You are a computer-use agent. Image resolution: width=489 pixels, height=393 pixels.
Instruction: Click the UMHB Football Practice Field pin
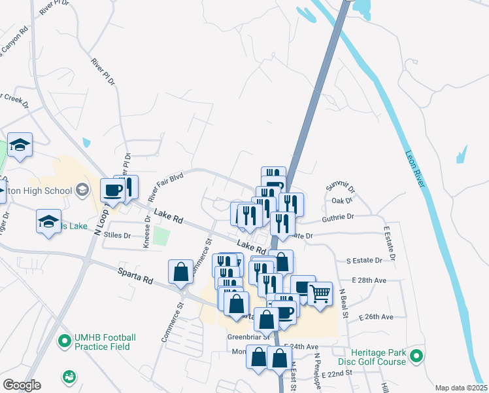[65, 341]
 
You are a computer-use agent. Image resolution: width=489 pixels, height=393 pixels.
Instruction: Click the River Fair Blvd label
[164, 186]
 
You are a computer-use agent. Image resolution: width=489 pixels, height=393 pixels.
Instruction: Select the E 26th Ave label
[376, 317]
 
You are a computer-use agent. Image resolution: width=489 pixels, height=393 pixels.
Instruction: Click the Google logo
[22, 384]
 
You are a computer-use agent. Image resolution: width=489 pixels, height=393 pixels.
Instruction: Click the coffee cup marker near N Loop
[112, 191]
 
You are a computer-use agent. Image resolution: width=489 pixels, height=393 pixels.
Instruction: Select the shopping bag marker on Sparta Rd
[180, 272]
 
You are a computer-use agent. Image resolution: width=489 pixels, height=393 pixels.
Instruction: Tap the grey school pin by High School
[82, 190]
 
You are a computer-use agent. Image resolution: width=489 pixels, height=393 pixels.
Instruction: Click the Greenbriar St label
[247, 339]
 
